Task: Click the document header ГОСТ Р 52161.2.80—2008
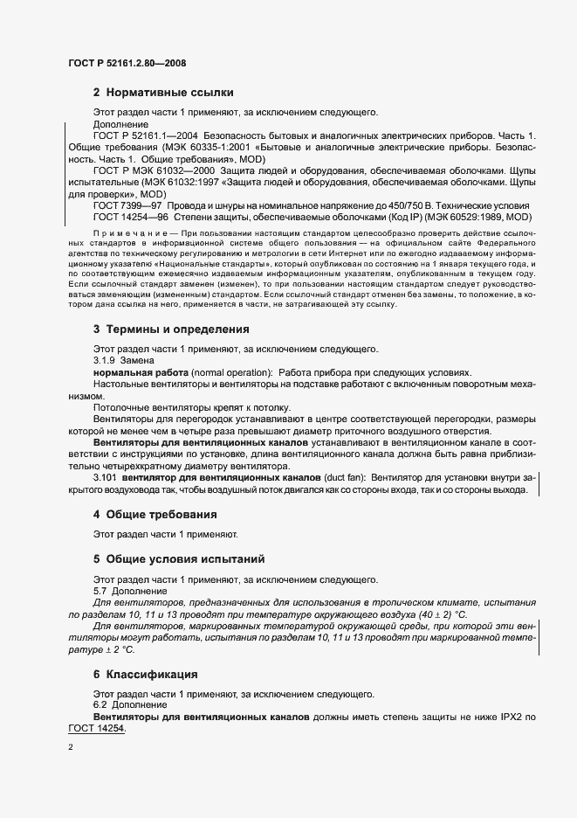coord(127,63)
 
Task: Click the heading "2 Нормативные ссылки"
coord(162,93)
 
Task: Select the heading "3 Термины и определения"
coord(171,329)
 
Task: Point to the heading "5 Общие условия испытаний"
coord(180,558)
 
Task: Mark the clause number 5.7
coord(101,592)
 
